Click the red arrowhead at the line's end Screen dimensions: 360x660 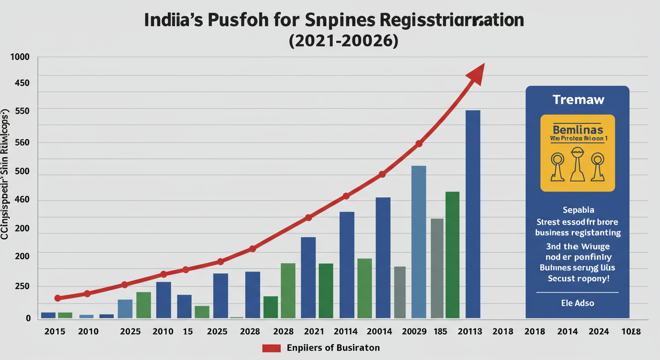tap(476, 74)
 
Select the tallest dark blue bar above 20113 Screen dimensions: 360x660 tap(472, 214)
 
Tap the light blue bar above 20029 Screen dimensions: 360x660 tap(419, 241)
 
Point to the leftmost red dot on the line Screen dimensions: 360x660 tap(58, 298)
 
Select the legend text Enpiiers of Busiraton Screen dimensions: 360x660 tap(333, 348)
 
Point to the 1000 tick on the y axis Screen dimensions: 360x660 tap(20, 57)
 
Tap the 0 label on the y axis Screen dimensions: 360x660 tap(28, 318)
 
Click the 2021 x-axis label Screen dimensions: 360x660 tap(314, 332)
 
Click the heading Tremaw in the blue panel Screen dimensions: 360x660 tap(578, 100)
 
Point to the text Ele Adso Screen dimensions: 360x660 tap(577, 303)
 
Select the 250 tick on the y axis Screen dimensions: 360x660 tap(21, 287)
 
